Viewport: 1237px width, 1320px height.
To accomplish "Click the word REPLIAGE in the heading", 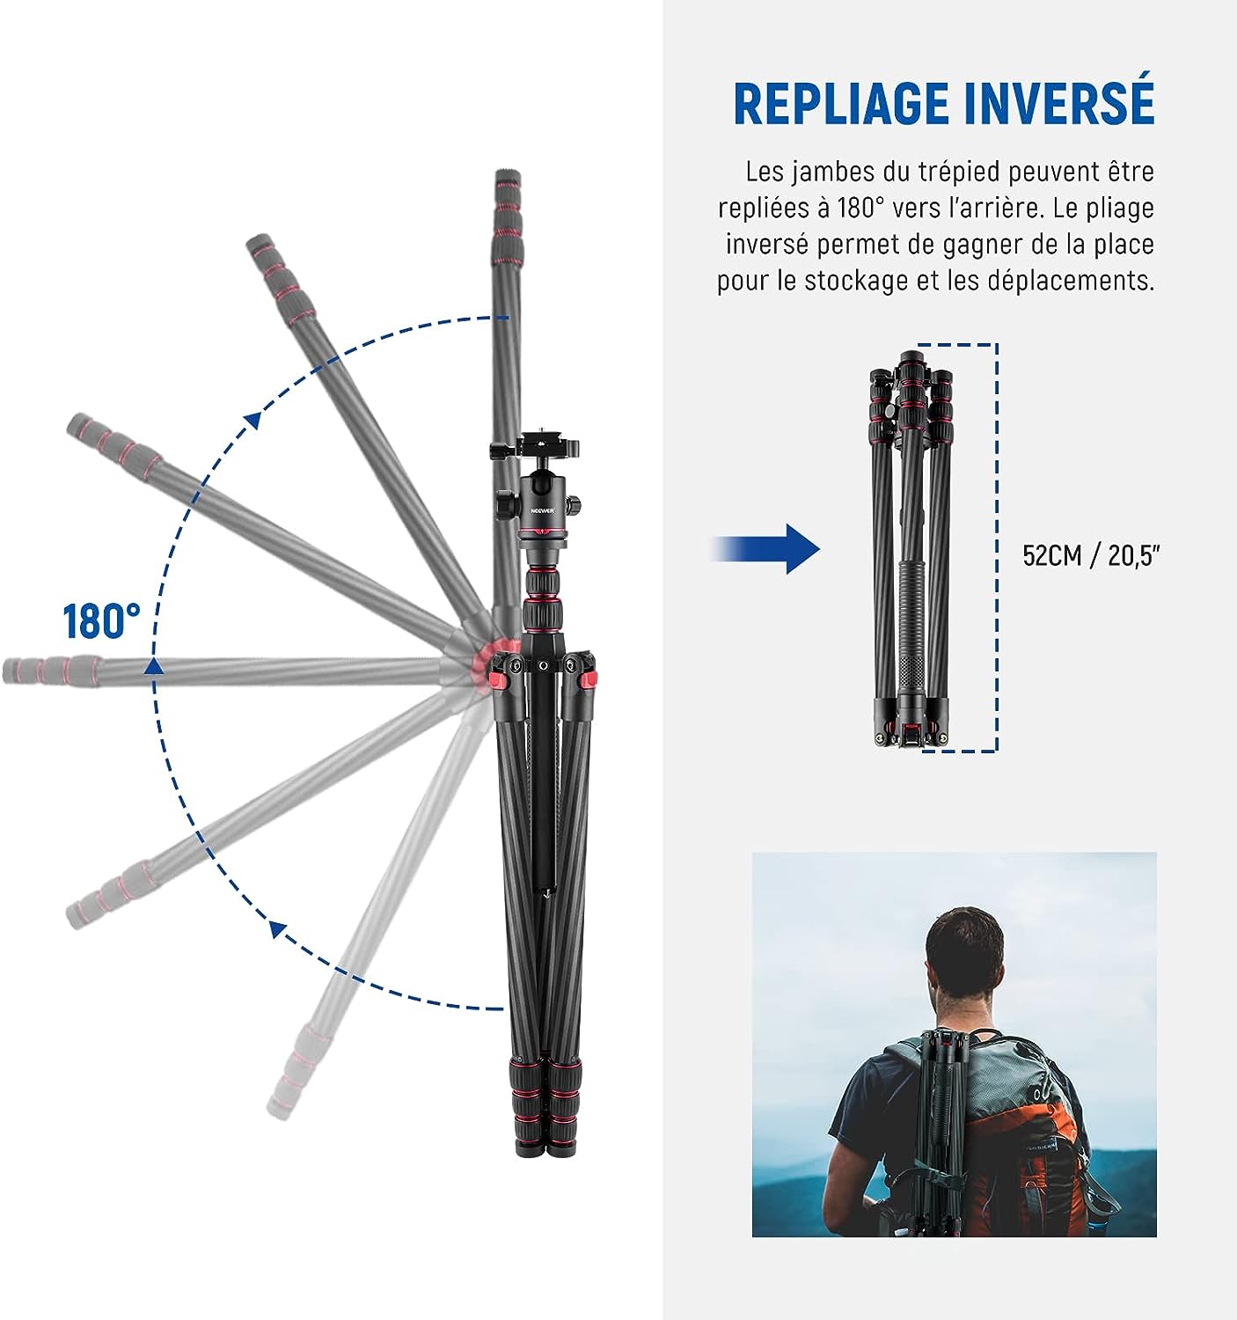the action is click(x=841, y=105).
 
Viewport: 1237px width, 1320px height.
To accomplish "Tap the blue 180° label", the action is click(x=102, y=620).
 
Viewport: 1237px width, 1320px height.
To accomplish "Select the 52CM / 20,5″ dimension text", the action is click(x=1090, y=554).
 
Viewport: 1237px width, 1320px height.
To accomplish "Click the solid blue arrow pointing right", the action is click(x=765, y=549).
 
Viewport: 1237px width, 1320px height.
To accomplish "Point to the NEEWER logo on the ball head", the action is click(x=543, y=510).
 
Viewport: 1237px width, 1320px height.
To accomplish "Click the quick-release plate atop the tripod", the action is click(x=535, y=445).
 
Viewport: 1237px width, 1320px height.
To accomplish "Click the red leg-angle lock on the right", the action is click(x=587, y=679).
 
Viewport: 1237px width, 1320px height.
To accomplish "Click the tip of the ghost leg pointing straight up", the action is click(x=507, y=172).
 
